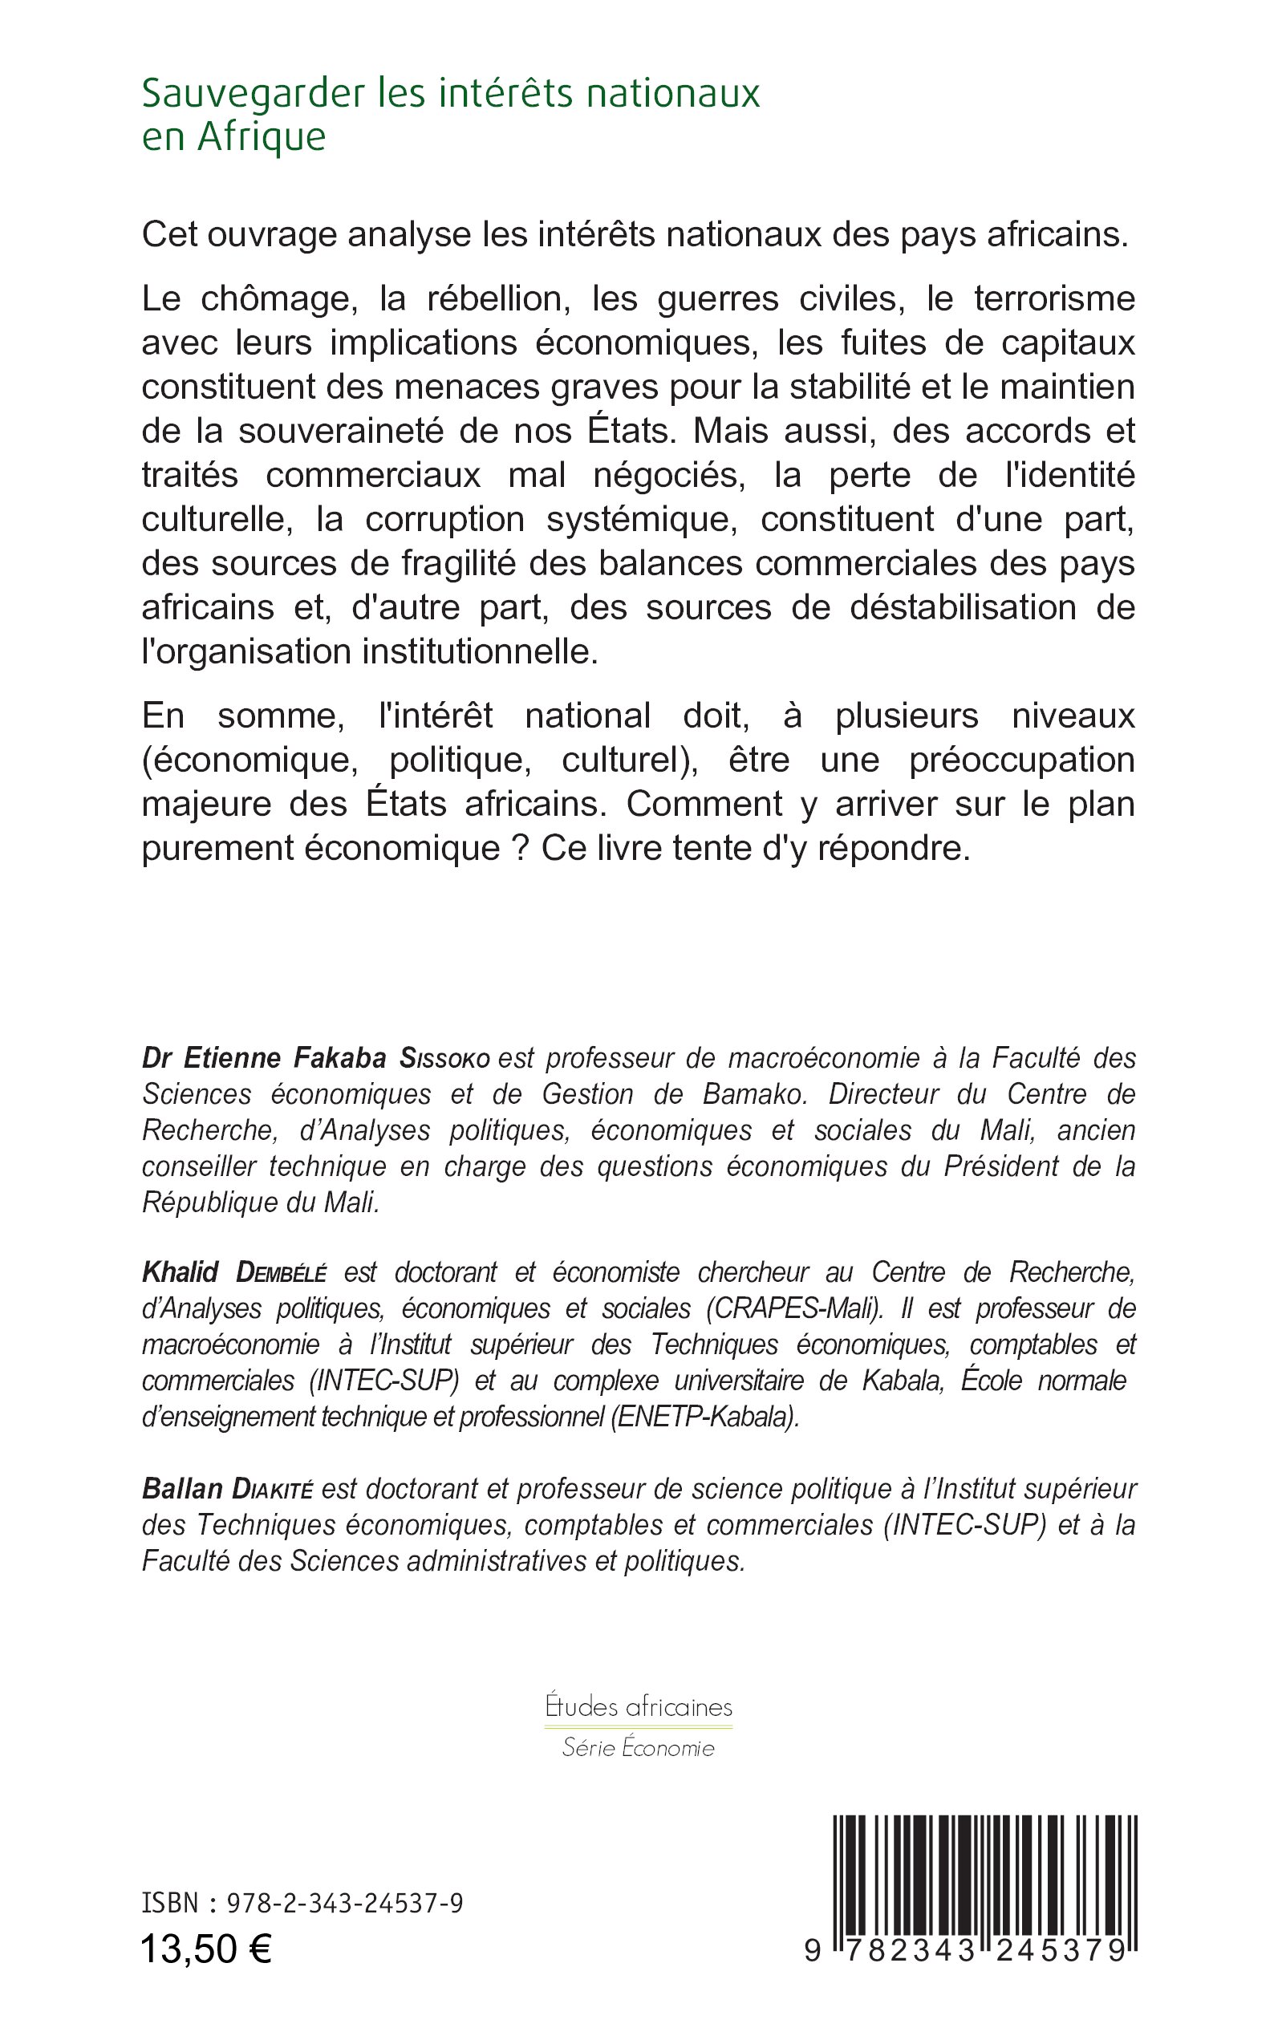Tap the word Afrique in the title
coord(262,138)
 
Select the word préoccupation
coord(1022,760)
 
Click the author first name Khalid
coord(180,1272)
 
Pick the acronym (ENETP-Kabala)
coord(704,1417)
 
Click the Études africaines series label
coord(639,1706)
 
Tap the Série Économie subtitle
coord(639,1748)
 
